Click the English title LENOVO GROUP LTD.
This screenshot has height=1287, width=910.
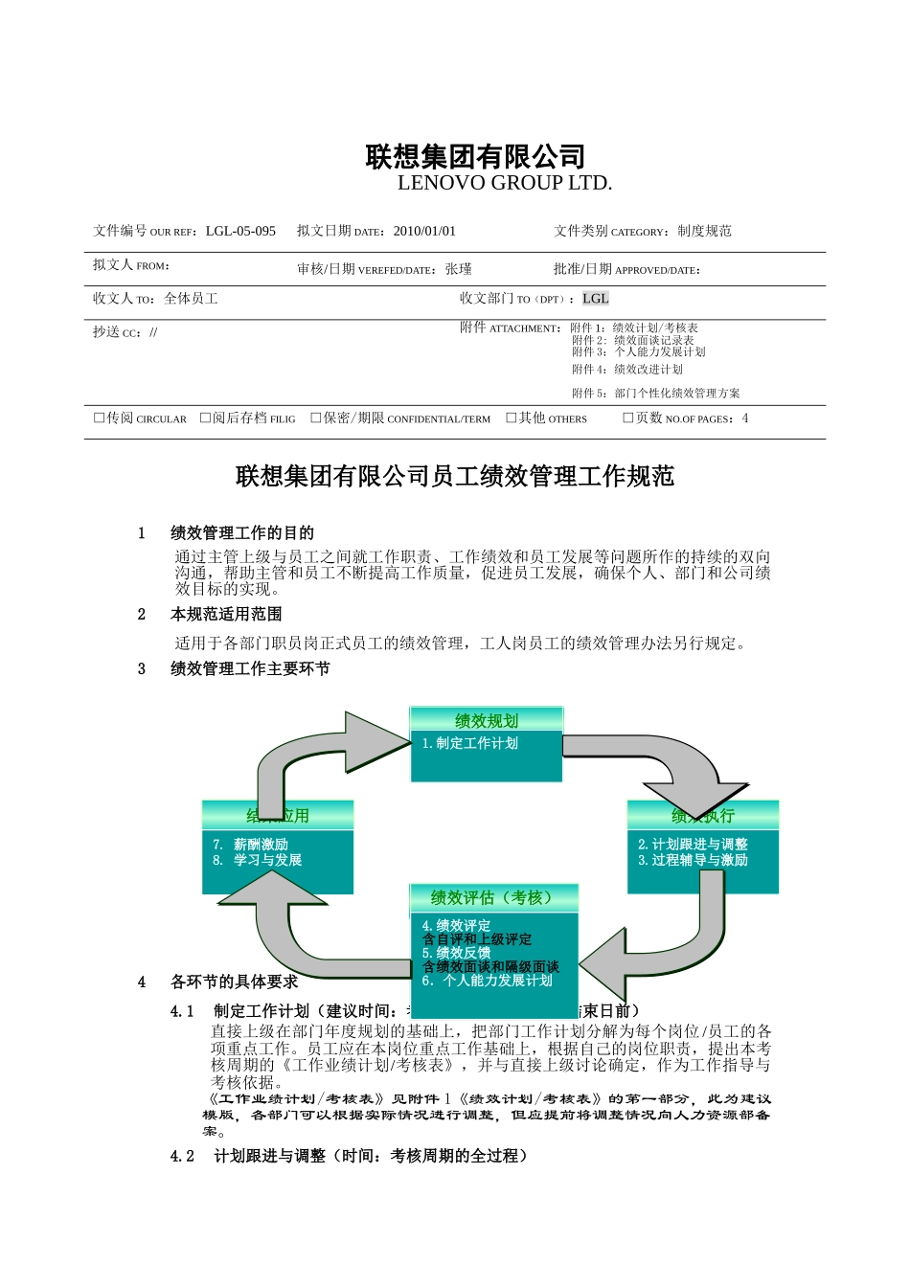504,183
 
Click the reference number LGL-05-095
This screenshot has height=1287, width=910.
240,231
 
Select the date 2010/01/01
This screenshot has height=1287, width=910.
424,231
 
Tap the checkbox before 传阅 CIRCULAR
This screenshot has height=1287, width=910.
99,418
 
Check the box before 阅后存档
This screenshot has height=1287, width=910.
205,418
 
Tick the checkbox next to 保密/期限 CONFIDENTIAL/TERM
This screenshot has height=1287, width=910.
316,418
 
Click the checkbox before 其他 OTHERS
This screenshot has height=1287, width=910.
512,418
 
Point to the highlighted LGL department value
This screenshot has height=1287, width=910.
595,299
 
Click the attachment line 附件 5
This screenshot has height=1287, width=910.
655,393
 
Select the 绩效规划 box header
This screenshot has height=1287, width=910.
487,721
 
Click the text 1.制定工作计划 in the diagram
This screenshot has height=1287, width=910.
470,743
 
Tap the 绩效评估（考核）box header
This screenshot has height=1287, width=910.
492,897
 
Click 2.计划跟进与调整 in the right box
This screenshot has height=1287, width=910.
693,844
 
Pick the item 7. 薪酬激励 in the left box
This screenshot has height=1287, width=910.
251,844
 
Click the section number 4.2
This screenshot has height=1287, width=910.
182,1156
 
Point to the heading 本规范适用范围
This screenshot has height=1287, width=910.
226,614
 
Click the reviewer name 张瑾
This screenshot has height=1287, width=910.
459,270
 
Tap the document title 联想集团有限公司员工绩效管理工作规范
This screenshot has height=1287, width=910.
455,476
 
